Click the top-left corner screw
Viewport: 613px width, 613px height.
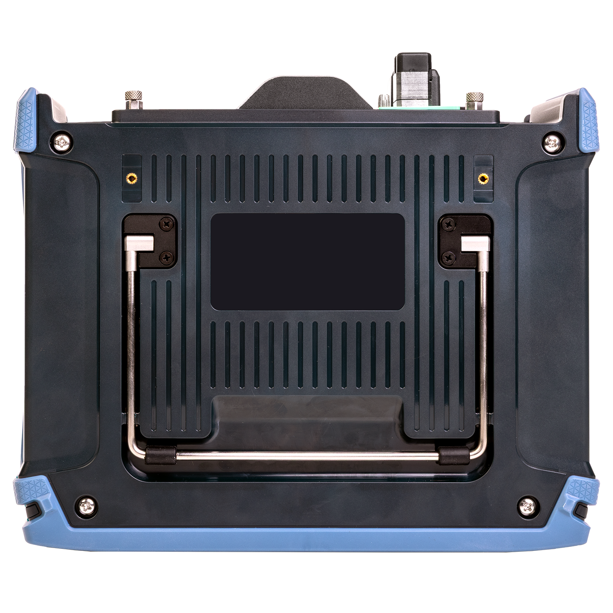click(x=63, y=142)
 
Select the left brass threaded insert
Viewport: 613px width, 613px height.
click(x=131, y=178)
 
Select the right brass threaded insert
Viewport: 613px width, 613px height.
click(x=483, y=178)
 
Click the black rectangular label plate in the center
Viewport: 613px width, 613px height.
click(x=307, y=262)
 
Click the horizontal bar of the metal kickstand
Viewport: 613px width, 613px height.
click(x=307, y=455)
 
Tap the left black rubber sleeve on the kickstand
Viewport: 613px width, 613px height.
click(x=161, y=455)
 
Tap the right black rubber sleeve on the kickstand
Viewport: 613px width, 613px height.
click(x=452, y=455)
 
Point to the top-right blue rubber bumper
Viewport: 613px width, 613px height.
click(x=587, y=119)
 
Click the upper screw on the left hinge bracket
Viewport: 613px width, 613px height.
click(x=167, y=223)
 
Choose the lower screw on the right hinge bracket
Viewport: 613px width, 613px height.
click(x=449, y=257)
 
